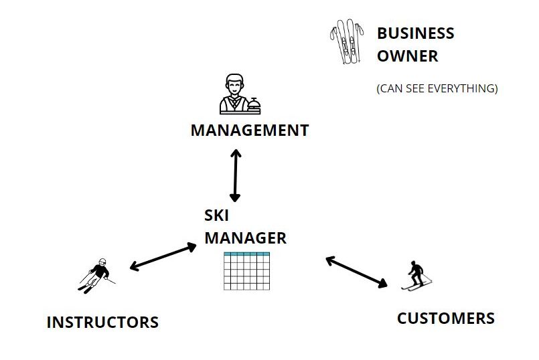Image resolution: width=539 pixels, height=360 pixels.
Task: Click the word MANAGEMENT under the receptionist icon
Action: tap(249, 130)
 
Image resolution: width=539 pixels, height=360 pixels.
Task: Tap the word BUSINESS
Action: tap(415, 33)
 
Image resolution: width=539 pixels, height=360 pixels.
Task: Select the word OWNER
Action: tap(407, 56)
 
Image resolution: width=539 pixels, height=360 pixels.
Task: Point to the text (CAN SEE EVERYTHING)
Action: tap(437, 88)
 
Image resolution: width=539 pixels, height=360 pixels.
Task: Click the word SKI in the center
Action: tap(218, 215)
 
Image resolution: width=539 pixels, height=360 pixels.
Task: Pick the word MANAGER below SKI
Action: tap(245, 238)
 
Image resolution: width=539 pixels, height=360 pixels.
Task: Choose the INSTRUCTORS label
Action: tap(102, 323)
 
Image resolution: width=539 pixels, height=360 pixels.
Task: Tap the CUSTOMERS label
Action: tap(445, 319)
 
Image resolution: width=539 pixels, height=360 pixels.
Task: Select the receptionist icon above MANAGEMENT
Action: tap(234, 94)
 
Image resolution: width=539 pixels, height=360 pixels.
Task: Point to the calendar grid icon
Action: tap(246, 272)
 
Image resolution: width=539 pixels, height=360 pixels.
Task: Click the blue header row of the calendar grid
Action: tap(246, 255)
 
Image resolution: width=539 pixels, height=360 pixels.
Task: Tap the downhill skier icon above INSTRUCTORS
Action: tap(96, 274)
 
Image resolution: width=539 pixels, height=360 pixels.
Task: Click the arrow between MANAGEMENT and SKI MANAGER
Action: tap(235, 175)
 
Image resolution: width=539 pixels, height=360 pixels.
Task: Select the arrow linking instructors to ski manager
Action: tap(163, 257)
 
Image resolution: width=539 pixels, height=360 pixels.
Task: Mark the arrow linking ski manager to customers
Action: tap(356, 271)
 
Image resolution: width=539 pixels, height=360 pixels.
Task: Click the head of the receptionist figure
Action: tap(233, 84)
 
